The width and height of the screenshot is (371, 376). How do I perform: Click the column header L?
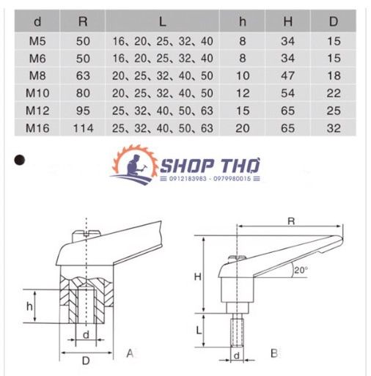[x=163, y=22]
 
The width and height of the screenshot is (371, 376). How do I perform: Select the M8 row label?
[x=37, y=75]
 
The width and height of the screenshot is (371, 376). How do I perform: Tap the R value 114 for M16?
[x=84, y=128]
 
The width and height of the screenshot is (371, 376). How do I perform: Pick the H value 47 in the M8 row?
[x=287, y=75]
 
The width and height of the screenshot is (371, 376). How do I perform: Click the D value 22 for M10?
[x=334, y=93]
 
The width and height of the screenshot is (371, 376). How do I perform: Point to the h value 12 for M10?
[x=243, y=93]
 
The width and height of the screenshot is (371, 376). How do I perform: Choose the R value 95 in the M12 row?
[x=83, y=111]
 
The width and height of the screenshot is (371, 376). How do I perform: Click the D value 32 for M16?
[x=334, y=128]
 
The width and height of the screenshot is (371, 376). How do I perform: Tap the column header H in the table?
[x=288, y=22]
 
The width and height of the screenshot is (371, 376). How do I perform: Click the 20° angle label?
[x=301, y=270]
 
